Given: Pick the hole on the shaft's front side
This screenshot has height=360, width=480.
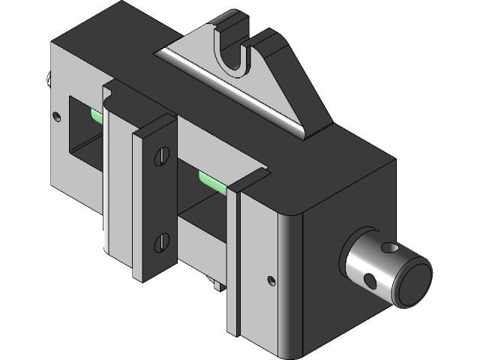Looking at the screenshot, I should click(x=367, y=280).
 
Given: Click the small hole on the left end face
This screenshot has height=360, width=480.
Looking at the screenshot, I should click(x=58, y=116).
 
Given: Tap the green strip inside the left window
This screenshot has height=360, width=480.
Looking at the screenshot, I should click(x=96, y=115).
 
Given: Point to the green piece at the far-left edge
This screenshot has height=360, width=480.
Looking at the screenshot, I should click(x=49, y=77).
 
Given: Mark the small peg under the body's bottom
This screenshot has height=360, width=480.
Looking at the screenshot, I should click(x=214, y=284).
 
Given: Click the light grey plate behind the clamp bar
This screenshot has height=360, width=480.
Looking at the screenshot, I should click(x=117, y=180).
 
